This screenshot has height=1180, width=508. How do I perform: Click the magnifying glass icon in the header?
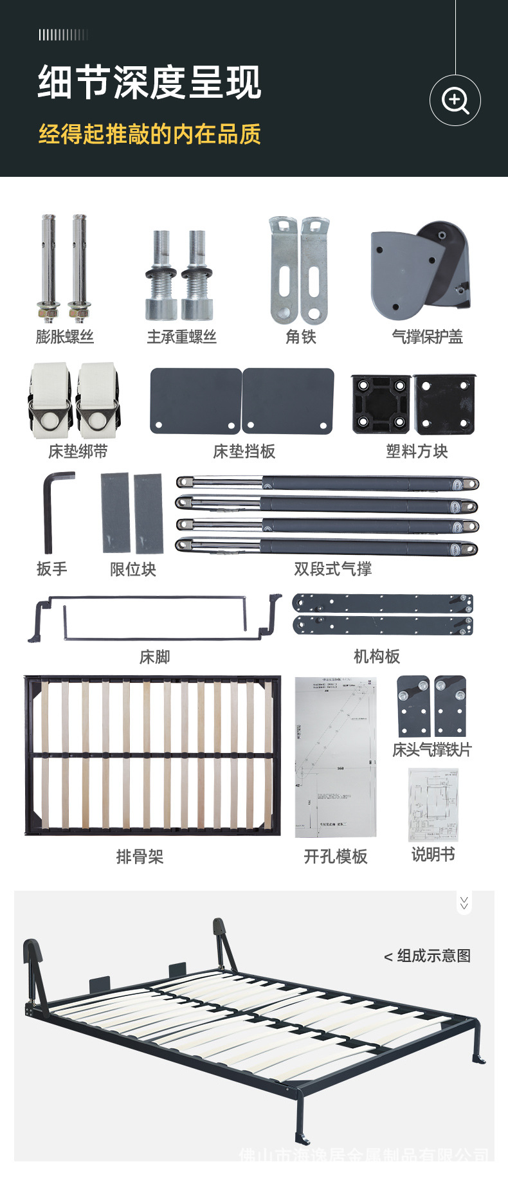click(x=455, y=100)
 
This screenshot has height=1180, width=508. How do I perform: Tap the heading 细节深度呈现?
click(x=149, y=83)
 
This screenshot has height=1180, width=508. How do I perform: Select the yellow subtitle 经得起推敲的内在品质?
click(x=149, y=134)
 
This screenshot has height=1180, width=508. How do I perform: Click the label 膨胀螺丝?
click(x=65, y=336)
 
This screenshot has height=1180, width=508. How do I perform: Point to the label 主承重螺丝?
click(x=181, y=336)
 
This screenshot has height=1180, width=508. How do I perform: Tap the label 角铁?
click(x=300, y=336)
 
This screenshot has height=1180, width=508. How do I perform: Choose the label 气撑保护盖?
click(x=427, y=336)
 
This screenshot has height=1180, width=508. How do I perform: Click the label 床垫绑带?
click(x=78, y=451)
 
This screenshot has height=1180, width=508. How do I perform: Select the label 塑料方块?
click(x=417, y=451)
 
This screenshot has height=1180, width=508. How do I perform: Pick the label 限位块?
click(x=133, y=569)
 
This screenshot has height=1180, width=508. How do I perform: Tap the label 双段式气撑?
click(x=332, y=569)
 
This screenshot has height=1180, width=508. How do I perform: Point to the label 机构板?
click(x=377, y=656)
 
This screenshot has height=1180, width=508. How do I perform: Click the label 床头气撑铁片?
click(x=432, y=750)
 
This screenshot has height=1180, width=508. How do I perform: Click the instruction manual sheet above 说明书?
click(x=433, y=804)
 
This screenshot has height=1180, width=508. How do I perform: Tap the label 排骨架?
click(x=140, y=857)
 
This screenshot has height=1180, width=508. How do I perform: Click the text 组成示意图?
click(x=433, y=956)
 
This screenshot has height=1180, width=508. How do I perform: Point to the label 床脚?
click(x=154, y=657)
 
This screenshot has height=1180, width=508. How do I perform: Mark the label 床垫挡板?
click(x=244, y=451)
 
